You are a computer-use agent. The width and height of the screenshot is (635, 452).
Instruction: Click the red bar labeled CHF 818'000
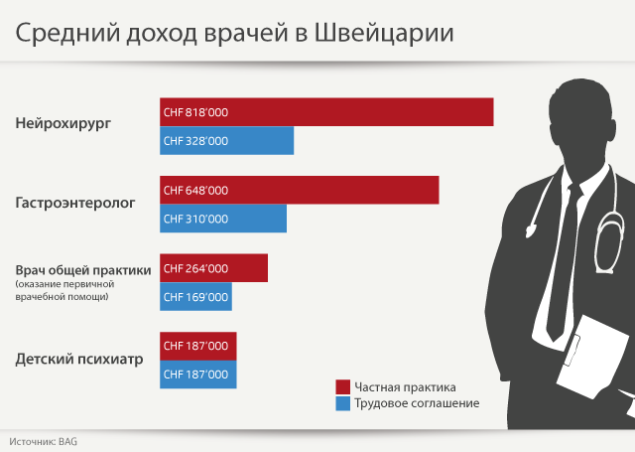[326, 112]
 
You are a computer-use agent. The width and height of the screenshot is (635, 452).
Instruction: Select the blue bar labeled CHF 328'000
[227, 141]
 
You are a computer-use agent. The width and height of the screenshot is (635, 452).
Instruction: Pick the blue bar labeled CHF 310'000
[223, 219]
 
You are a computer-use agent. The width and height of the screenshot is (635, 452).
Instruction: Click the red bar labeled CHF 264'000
[214, 268]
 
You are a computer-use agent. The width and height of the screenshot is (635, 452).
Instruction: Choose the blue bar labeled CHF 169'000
[195, 296]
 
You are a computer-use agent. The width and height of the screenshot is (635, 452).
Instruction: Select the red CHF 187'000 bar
[198, 346]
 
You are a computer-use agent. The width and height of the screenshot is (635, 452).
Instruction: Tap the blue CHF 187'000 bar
[198, 375]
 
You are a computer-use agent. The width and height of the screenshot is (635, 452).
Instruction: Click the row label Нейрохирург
[63, 124]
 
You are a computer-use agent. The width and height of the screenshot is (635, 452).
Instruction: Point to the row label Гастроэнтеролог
[75, 203]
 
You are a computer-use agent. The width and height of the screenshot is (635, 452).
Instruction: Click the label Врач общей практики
[83, 269]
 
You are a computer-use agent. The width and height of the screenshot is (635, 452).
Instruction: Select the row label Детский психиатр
[79, 359]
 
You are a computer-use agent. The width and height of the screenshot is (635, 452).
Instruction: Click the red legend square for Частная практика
[343, 386]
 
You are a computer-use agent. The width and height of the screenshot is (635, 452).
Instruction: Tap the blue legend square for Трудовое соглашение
[343, 403]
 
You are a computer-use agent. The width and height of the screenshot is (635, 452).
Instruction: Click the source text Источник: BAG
[44, 438]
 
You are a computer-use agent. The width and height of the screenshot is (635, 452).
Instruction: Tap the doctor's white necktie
[562, 258]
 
